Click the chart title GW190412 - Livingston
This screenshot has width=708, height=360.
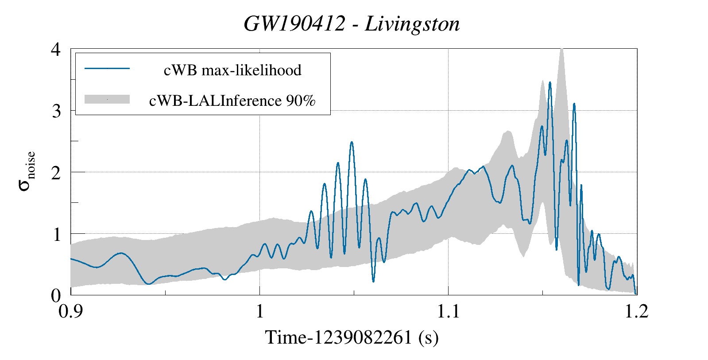[x=352, y=24]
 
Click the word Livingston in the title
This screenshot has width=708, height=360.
[x=412, y=24]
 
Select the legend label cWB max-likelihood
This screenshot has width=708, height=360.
[x=232, y=70]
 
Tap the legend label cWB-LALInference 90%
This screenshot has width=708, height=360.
[x=232, y=101]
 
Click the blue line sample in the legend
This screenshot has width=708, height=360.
[x=107, y=69]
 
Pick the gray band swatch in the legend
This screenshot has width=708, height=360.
[x=107, y=99]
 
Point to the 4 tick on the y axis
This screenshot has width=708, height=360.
[x=56, y=49]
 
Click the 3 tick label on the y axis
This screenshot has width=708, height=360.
[x=56, y=111]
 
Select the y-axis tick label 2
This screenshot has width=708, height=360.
[x=56, y=172]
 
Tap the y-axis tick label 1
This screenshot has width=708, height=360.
[x=56, y=234]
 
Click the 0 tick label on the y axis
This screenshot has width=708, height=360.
[x=56, y=295]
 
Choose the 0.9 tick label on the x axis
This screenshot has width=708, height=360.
[x=71, y=311]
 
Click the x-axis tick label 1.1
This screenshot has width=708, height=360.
[x=448, y=311]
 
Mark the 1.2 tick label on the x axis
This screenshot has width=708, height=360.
[x=637, y=311]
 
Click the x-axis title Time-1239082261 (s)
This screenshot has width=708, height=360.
[x=352, y=337]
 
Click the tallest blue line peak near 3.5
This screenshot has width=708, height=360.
[x=550, y=82]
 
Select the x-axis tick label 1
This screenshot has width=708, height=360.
[x=259, y=311]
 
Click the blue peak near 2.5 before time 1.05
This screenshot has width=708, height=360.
[x=352, y=142]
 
